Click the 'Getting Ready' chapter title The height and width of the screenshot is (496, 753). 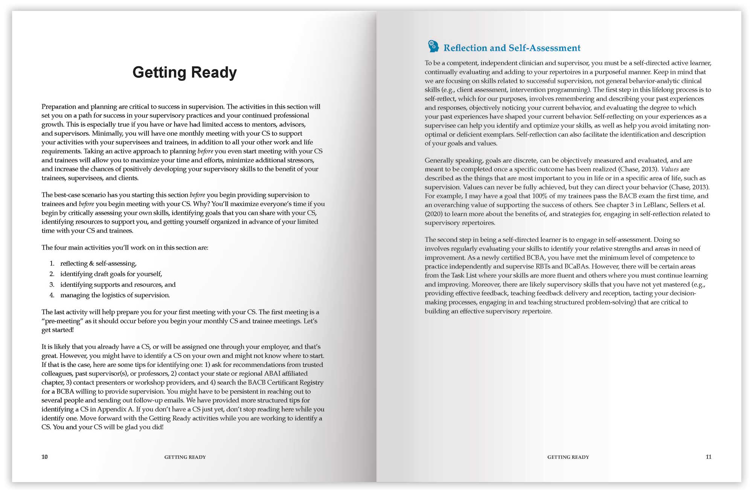click(x=184, y=72)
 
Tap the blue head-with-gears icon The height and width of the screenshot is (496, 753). click(x=433, y=46)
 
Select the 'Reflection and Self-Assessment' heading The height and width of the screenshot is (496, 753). click(x=512, y=48)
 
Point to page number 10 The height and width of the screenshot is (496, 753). click(x=44, y=457)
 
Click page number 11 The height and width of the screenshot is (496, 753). click(x=708, y=457)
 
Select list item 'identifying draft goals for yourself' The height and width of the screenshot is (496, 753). click(x=111, y=274)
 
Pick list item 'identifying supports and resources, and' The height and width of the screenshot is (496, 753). click(x=118, y=285)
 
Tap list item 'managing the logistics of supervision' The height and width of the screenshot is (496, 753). click(x=115, y=295)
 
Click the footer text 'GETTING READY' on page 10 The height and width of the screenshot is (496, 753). click(x=185, y=457)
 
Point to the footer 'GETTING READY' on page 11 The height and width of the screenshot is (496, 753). click(x=568, y=457)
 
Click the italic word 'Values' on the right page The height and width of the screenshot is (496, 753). click(x=670, y=169)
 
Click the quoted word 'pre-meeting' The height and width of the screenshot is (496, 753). click(x=63, y=321)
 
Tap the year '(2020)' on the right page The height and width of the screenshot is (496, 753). click(x=434, y=214)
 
